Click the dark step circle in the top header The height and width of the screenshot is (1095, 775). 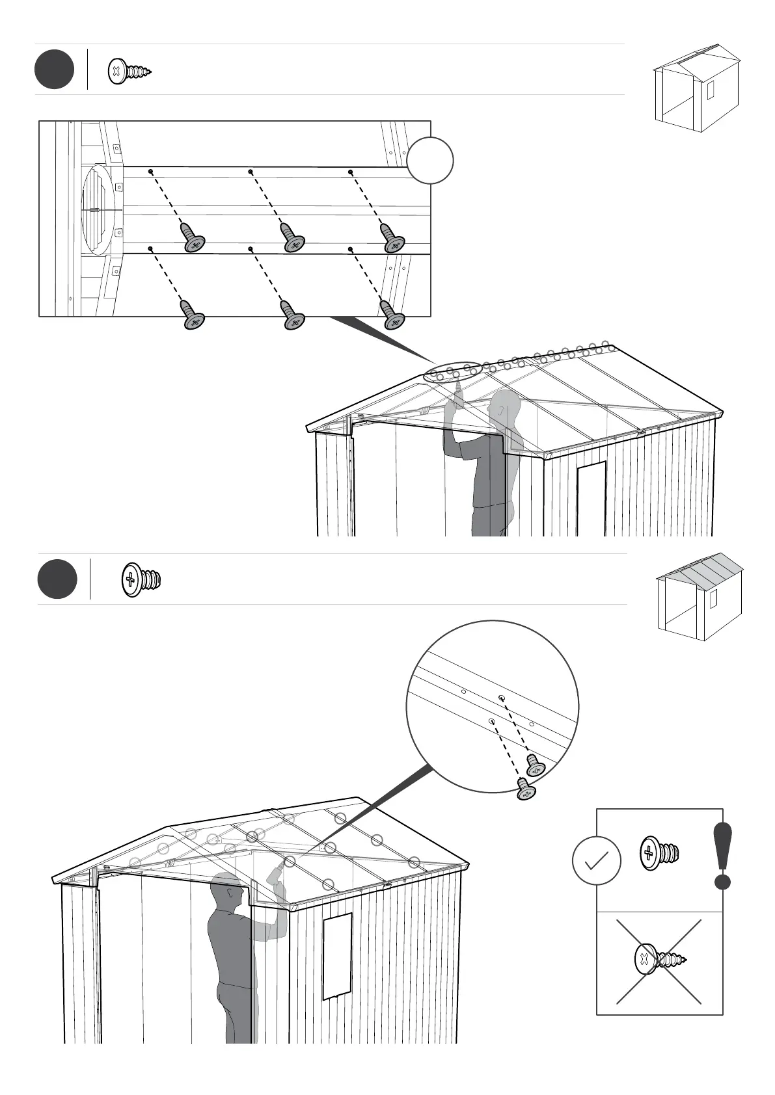click(x=54, y=69)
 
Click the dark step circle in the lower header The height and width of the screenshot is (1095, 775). click(x=57, y=579)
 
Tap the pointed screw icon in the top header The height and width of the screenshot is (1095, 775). click(x=129, y=71)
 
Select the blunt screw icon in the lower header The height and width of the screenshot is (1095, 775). click(x=141, y=579)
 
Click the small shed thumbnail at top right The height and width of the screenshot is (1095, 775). click(x=697, y=88)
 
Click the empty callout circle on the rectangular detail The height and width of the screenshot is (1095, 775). click(x=430, y=160)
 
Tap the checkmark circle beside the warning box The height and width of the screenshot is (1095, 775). click(x=596, y=861)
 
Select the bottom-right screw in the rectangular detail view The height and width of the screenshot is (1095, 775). click(x=392, y=315)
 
